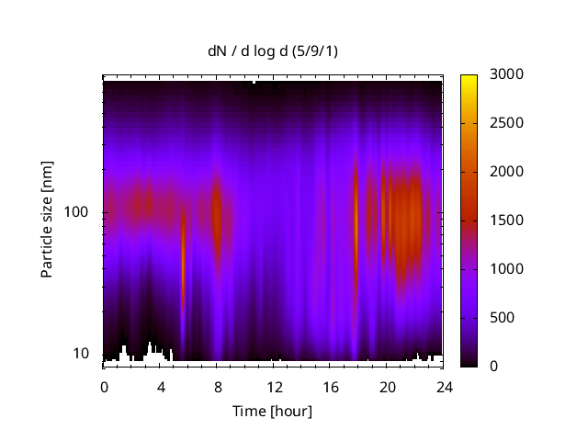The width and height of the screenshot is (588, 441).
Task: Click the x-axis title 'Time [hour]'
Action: (272, 411)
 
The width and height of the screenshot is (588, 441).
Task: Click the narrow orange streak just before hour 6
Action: (183, 257)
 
